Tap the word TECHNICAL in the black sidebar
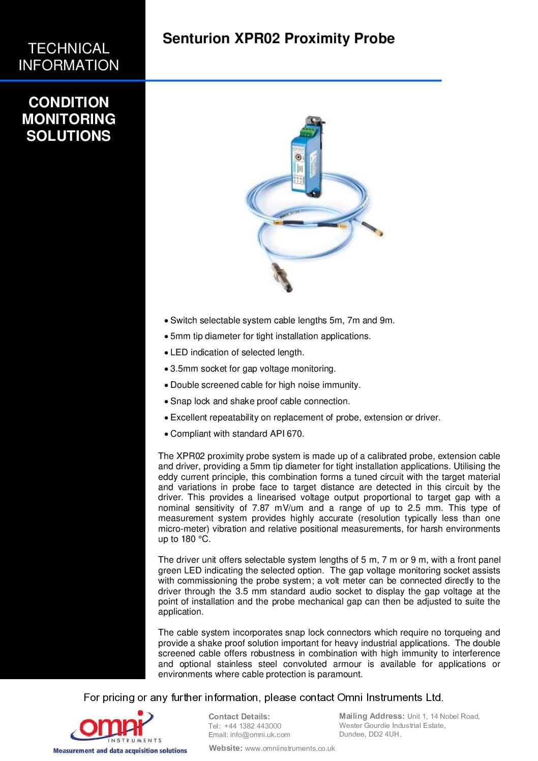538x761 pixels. [x=69, y=48]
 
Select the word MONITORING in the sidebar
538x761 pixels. [x=69, y=119]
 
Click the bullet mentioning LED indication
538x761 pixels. [x=237, y=352]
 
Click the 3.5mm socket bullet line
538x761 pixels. [x=253, y=369]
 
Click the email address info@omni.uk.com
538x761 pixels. [x=260, y=735]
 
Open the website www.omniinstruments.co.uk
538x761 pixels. [x=290, y=748]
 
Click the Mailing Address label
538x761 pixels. [x=371, y=716]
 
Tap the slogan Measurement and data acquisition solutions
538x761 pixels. [x=120, y=751]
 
